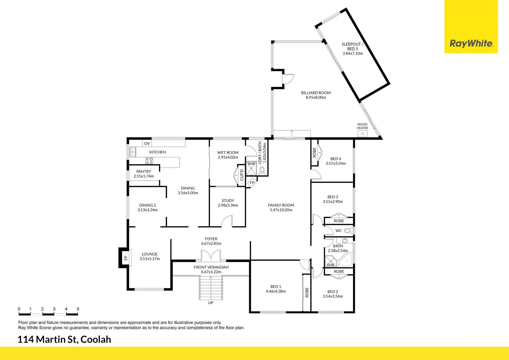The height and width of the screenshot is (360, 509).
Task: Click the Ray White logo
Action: pyautogui.click(x=471, y=43)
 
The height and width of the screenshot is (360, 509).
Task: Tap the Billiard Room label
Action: pyautogui.click(x=316, y=93)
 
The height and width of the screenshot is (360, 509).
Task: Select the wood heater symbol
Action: pyautogui.click(x=362, y=134)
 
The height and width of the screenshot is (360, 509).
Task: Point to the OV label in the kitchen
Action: pyautogui.click(x=147, y=144)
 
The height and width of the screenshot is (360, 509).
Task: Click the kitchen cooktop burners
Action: pyautogui.click(x=149, y=161)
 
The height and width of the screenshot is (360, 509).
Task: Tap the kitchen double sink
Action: pyautogui.click(x=133, y=152)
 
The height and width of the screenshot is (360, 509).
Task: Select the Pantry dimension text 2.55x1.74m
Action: pyautogui.click(x=144, y=176)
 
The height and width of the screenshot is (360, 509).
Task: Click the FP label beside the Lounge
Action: pyautogui.click(x=126, y=258)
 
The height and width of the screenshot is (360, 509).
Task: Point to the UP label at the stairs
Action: pyautogui.click(x=211, y=303)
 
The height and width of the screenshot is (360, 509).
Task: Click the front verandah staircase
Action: pyautogui.click(x=211, y=288)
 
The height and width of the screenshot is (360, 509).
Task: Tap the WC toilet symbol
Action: pyautogui.click(x=348, y=230)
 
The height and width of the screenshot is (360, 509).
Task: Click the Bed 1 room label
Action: pyautogui.click(x=276, y=287)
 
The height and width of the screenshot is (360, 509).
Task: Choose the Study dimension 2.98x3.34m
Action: pyautogui.click(x=228, y=205)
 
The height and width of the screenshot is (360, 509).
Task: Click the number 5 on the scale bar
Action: pyautogui.click(x=78, y=309)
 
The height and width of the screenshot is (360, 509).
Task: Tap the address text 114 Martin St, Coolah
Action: pyautogui.click(x=64, y=339)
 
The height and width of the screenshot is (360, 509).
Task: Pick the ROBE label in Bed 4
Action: pyautogui.click(x=314, y=152)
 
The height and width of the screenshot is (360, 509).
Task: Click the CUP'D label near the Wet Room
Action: pyautogui.click(x=242, y=175)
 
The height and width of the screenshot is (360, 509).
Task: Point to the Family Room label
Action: pyautogui.click(x=281, y=205)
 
